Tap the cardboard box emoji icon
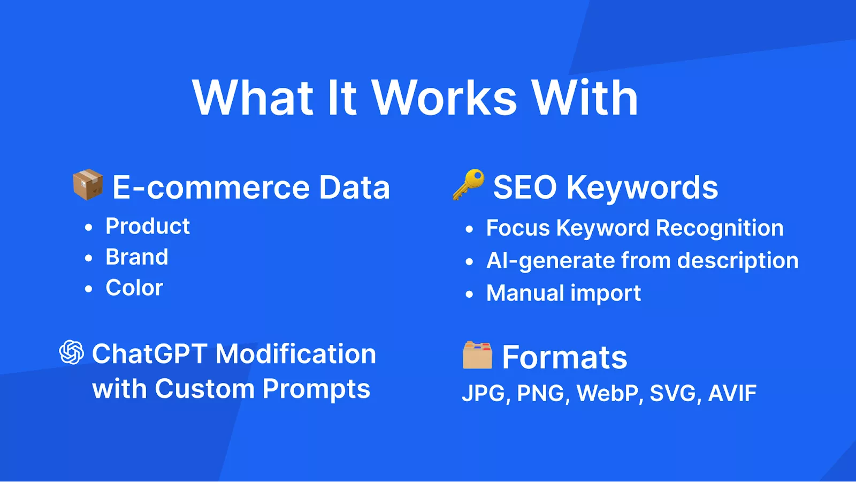88,184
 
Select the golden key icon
469,184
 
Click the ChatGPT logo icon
72,352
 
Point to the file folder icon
477,355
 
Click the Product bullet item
148,226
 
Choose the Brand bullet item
137,257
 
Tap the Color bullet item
134,288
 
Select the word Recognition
720,229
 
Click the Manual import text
563,293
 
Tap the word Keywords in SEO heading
642,187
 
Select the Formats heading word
564,357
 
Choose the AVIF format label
732,393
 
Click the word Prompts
316,389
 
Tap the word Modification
296,354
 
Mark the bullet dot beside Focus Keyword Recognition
469,229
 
